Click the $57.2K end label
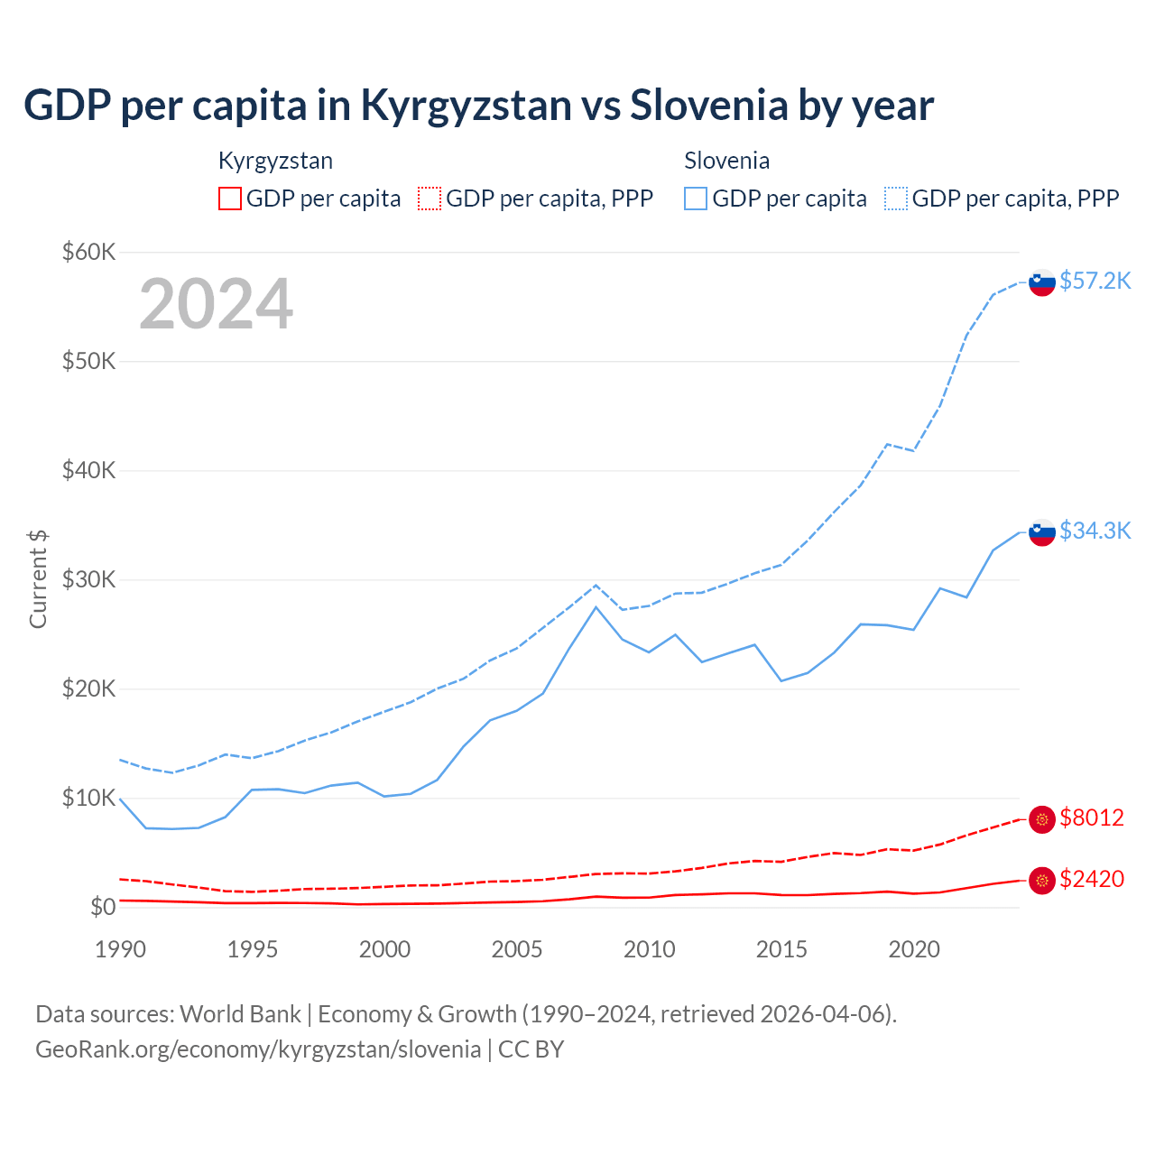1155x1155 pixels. [1095, 281]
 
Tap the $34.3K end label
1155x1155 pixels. [1095, 531]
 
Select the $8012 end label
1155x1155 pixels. [1092, 818]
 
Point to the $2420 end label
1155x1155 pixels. [1092, 879]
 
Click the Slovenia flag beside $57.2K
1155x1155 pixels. [1042, 282]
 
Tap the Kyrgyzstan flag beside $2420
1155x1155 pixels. [1042, 881]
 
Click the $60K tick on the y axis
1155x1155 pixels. [88, 252]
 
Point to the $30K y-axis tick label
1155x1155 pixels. [88, 579]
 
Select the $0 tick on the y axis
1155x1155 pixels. [102, 907]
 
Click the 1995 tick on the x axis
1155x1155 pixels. [253, 949]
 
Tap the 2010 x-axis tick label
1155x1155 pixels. [650, 949]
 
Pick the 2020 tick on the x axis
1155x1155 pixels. [914, 949]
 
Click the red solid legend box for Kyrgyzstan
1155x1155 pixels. [230, 199]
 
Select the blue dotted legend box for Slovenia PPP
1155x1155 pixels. [896, 199]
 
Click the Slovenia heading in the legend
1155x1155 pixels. [726, 161]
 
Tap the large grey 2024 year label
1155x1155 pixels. [216, 304]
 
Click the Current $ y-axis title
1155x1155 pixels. [38, 579]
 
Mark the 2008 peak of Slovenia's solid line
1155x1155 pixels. [596, 606]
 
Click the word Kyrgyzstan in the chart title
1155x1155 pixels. [466, 105]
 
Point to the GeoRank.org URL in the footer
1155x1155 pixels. [258, 1049]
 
